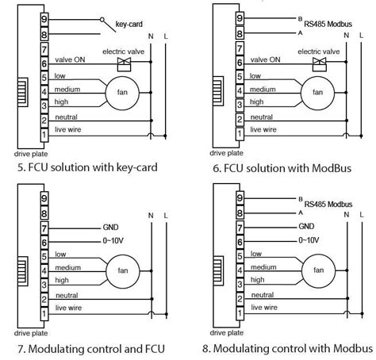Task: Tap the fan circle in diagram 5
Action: point(118,92)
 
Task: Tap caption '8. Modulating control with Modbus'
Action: point(286,348)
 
